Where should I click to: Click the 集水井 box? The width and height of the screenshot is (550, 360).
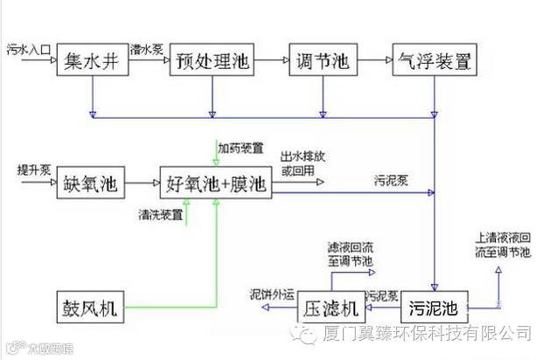tap(92, 61)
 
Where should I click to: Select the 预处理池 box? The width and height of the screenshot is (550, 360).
tap(212, 61)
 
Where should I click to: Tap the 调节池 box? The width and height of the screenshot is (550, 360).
tap(324, 61)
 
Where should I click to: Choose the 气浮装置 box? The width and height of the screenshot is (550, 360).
tap(435, 61)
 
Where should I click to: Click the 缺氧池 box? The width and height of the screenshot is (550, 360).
tap(91, 184)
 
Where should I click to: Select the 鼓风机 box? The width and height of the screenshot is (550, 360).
tap(91, 307)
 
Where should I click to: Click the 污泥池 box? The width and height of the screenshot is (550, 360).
tap(435, 308)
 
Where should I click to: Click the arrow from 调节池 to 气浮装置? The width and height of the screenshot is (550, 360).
tap(372, 60)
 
